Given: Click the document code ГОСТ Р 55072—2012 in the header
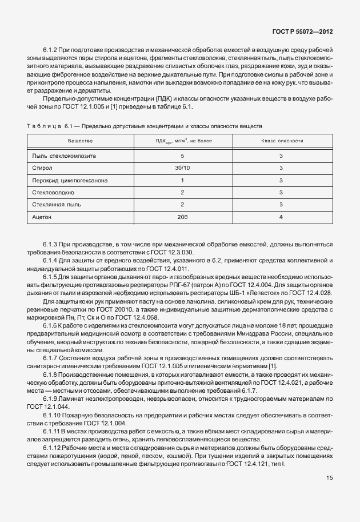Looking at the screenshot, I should coord(301,33).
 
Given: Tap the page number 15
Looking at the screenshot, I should coord(329,477).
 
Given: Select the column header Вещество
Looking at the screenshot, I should coord(80,140).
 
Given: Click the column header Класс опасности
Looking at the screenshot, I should coord(281,140).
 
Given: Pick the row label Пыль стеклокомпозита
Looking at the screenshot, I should coord(65,156).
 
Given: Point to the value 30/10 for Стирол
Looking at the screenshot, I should coord(182,168).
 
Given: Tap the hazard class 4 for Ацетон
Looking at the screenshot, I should coord(281,218).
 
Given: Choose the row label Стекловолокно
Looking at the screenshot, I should coord(55,193).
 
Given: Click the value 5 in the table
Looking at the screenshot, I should coord(182,156).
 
